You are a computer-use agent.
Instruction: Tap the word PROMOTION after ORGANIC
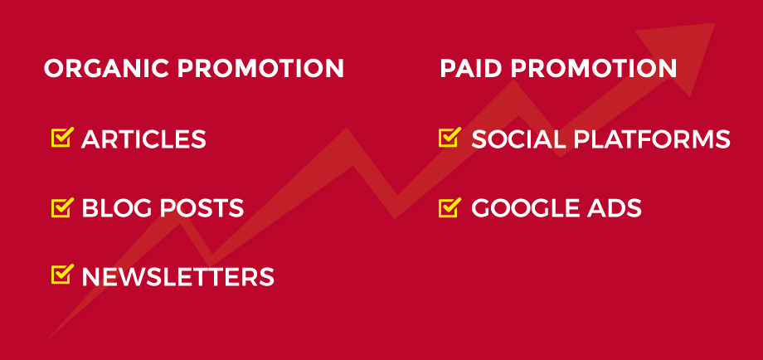260,69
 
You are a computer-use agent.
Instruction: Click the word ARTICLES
143,139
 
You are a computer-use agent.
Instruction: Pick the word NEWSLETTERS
177,277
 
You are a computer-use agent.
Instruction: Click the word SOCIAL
518,139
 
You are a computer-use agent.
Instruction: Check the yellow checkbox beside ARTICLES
62,138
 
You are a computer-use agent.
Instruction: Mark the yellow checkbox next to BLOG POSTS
62,207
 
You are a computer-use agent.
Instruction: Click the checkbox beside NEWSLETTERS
62,274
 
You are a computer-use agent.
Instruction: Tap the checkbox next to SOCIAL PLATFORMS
450,138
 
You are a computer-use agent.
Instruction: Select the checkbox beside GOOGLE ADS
450,207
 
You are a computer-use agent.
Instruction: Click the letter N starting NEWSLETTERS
91,277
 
